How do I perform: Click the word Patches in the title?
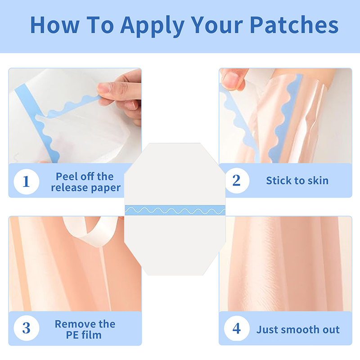pyautogui.click(x=294, y=25)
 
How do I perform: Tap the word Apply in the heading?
pyautogui.click(x=153, y=27)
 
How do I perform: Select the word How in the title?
pyautogui.click(x=55, y=25)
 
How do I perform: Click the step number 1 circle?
pyautogui.click(x=27, y=182)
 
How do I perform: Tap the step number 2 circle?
pyautogui.click(x=237, y=180)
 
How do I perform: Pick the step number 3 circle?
pyautogui.click(x=27, y=328)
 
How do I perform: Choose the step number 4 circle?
pyautogui.click(x=237, y=328)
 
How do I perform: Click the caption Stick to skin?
pyautogui.click(x=297, y=181)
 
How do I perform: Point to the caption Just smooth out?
pyautogui.click(x=298, y=330)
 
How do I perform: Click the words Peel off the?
pyautogui.click(x=85, y=176)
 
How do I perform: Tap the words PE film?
pyautogui.click(x=84, y=335)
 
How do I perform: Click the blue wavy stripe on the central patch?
pyautogui.click(x=175, y=210)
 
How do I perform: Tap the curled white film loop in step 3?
pyautogui.click(x=91, y=231)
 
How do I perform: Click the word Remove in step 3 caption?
pyautogui.click(x=75, y=324)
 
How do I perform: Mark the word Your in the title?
pyautogui.click(x=217, y=25)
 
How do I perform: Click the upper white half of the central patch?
pyautogui.click(x=175, y=175)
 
